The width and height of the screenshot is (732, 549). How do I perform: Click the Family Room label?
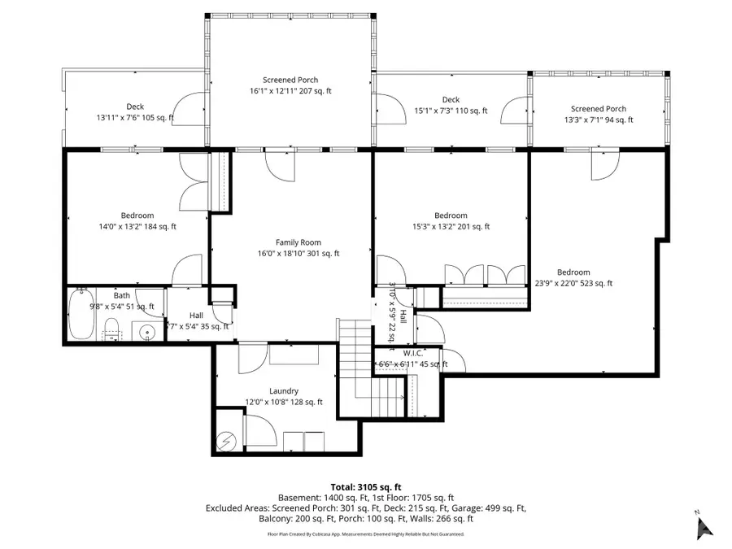pyautogui.click(x=298, y=242)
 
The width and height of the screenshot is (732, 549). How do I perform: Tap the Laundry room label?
pyautogui.click(x=284, y=391)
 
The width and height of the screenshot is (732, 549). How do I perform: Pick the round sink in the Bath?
pyautogui.click(x=147, y=332)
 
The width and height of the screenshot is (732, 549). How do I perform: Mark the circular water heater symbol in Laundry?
pyautogui.click(x=225, y=441)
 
